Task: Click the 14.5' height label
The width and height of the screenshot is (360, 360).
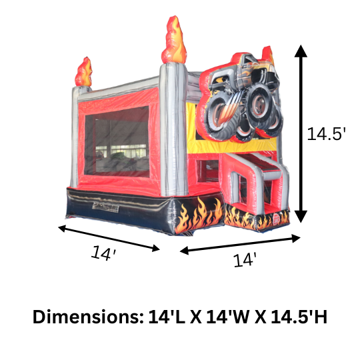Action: (327, 133)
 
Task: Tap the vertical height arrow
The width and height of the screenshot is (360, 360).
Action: (301, 133)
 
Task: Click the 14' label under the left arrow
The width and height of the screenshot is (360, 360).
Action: (104, 254)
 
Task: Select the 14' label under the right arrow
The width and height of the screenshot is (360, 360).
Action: (245, 261)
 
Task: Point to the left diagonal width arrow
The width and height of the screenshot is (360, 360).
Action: (109, 239)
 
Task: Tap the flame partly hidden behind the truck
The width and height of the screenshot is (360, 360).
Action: (268, 54)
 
